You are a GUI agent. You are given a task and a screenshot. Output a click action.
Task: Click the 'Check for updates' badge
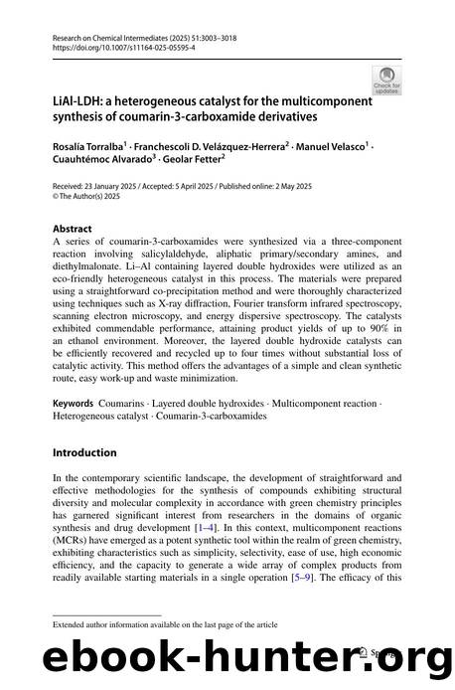click(384, 79)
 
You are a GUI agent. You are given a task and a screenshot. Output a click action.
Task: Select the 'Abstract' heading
click(74, 227)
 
